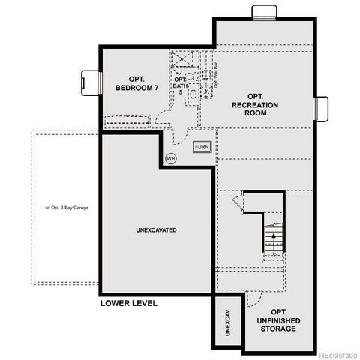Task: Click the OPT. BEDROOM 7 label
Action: click(x=136, y=83)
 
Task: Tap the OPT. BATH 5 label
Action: click(x=180, y=84)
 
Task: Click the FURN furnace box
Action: click(x=202, y=147)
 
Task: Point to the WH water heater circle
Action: click(x=170, y=159)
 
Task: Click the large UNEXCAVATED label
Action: click(x=157, y=229)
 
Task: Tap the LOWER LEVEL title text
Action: click(x=128, y=304)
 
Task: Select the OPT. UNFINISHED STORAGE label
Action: click(x=278, y=321)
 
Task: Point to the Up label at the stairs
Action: click(x=274, y=255)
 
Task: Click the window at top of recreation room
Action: click(x=264, y=11)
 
